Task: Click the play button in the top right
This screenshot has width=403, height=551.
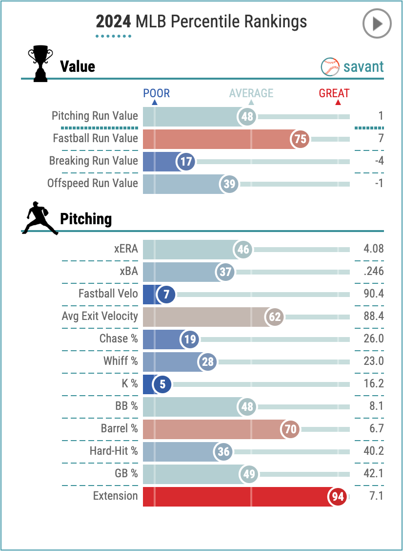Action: [x=377, y=23]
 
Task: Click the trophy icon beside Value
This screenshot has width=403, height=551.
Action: [x=40, y=63]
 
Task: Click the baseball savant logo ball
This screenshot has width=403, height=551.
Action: [x=330, y=67]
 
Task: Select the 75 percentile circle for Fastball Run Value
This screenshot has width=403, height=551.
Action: [x=301, y=139]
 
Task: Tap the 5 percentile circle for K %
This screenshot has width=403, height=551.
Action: [x=162, y=384]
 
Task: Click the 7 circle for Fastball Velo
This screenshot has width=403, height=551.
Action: [x=166, y=295]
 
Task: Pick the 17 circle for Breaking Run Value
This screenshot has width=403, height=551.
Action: [x=186, y=161]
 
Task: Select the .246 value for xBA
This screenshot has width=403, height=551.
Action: [x=373, y=272]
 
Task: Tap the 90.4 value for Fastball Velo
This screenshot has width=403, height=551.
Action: [x=373, y=294]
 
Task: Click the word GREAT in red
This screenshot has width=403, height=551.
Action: [x=334, y=93]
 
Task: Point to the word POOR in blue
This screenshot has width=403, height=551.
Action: [x=156, y=93]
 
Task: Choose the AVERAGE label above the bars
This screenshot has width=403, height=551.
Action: [x=251, y=93]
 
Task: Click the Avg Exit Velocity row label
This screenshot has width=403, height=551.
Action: [x=100, y=317]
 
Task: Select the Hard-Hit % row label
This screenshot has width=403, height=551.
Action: [x=114, y=451]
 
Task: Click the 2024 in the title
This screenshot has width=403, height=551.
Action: [x=113, y=22]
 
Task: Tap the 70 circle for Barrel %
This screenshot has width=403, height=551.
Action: [x=290, y=429]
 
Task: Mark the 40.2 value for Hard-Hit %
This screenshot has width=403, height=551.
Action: [x=373, y=451]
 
